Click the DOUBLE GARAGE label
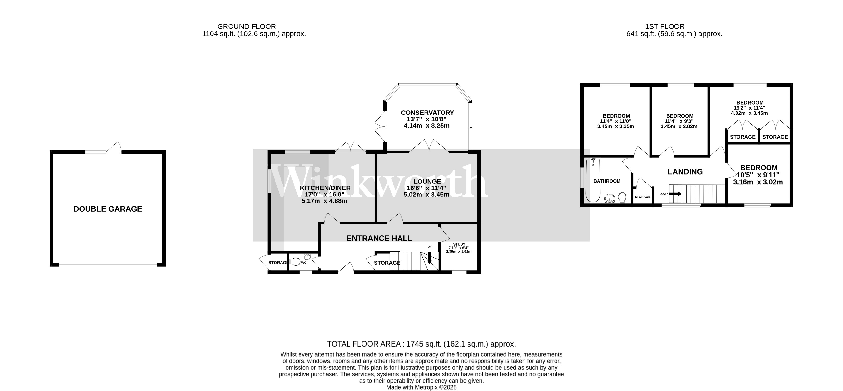tap(108, 209)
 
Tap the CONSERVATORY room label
tap(427, 113)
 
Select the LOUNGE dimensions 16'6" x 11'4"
tap(426, 188)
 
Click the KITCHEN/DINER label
tap(325, 188)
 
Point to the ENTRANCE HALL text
tap(379, 238)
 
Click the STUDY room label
tap(459, 244)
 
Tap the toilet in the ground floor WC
tap(295, 262)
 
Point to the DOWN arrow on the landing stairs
tap(675, 194)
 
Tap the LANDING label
tap(685, 172)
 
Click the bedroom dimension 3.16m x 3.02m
tap(758, 182)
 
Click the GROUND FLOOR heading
tap(246, 26)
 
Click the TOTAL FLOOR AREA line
tap(421, 344)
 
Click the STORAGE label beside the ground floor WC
tap(277, 263)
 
